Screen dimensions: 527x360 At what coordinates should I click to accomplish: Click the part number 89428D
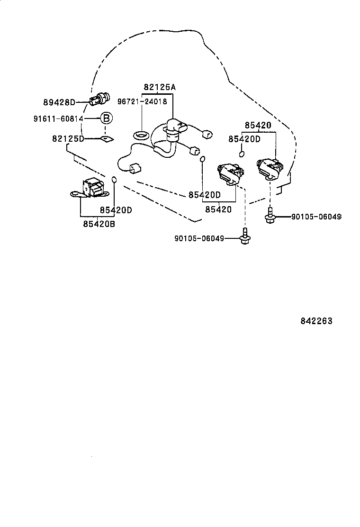(x=59, y=102)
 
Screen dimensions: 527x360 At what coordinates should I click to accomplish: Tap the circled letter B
(x=107, y=118)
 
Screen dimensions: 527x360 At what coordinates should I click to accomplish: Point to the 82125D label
(x=68, y=138)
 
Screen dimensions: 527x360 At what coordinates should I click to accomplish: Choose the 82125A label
(x=160, y=87)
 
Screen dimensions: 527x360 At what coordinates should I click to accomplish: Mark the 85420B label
(x=99, y=224)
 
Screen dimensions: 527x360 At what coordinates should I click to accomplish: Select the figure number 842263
(x=316, y=321)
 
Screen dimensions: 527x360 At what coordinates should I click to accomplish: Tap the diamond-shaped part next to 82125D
(x=107, y=139)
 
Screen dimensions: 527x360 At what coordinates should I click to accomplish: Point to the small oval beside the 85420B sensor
(x=114, y=179)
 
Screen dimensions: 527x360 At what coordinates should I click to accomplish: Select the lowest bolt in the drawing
(x=245, y=237)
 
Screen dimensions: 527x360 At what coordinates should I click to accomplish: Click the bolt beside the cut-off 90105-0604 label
(x=270, y=216)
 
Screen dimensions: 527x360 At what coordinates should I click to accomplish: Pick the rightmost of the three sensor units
(x=270, y=168)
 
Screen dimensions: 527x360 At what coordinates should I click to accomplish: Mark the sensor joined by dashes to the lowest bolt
(x=230, y=174)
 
